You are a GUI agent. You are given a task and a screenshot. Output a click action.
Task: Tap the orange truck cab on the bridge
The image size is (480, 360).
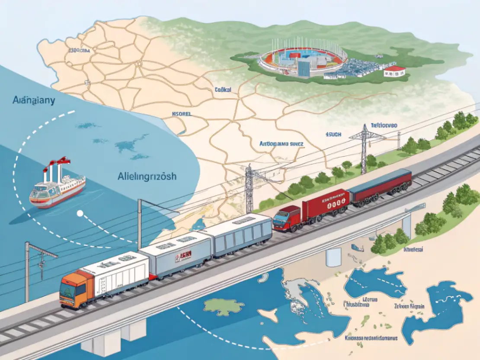coord(73,290)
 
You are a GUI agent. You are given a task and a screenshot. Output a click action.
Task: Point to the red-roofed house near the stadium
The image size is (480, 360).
coord(395,71)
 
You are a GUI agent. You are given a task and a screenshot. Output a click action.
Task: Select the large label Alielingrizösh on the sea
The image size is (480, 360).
coord(147,177)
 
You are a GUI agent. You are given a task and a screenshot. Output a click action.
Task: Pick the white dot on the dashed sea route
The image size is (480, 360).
coord(80,213)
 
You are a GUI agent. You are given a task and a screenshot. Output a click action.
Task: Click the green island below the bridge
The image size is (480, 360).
coord(224,306)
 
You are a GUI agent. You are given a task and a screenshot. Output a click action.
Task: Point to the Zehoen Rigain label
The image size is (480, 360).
coord(409,306)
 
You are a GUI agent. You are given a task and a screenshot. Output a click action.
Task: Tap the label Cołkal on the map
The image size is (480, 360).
coord(223,90)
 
